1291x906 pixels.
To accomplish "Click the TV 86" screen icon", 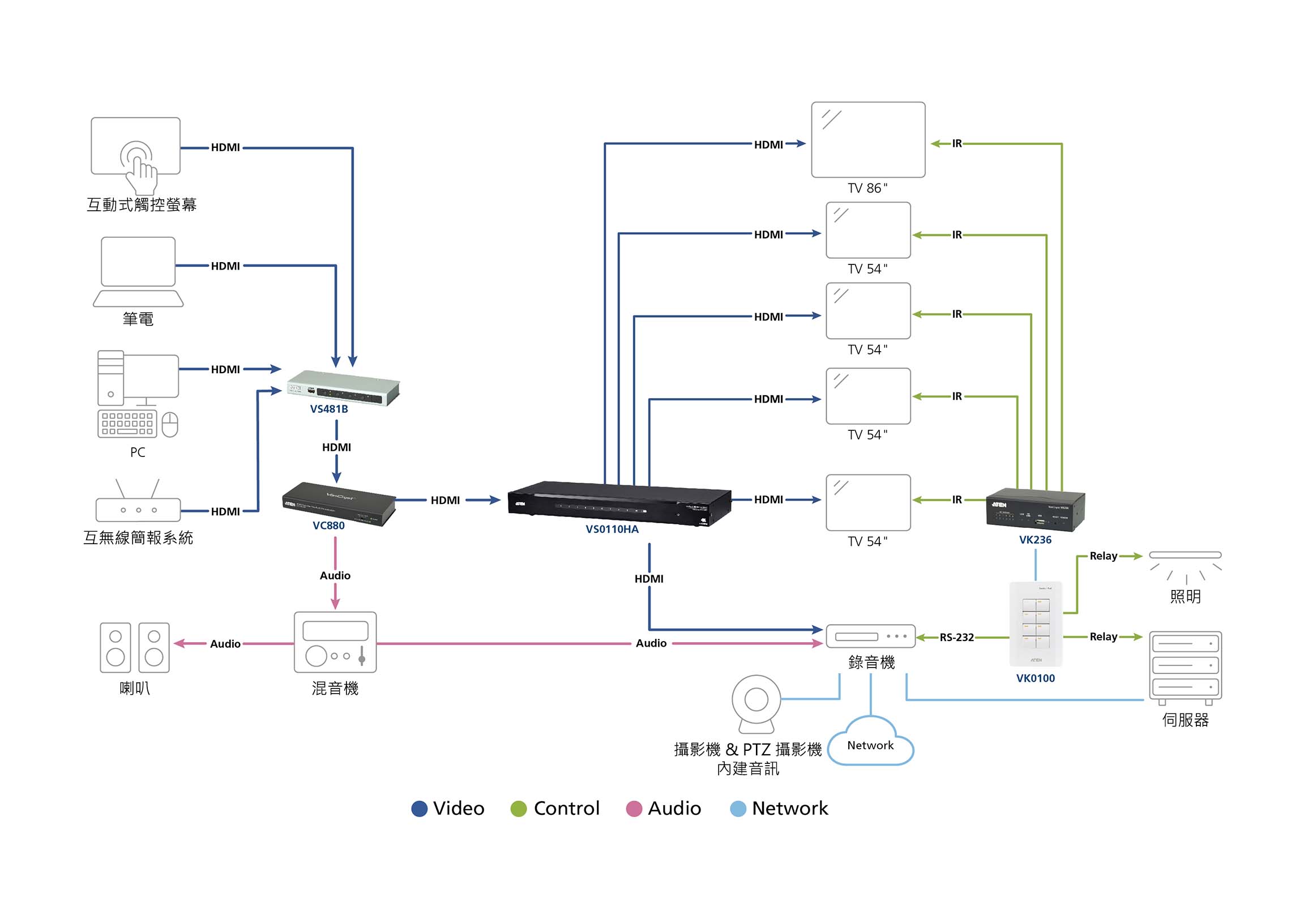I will [x=867, y=139].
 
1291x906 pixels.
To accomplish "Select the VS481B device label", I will [x=328, y=409].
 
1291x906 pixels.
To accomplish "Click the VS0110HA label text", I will [x=612, y=529].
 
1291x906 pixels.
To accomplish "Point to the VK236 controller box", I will [x=1034, y=509].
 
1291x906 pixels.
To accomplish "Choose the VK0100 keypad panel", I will [x=1036, y=623].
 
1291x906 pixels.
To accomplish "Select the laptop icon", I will [x=138, y=272].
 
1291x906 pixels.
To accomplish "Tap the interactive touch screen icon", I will [x=136, y=150].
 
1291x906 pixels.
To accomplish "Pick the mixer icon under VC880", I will [x=335, y=642].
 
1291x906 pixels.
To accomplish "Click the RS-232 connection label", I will [x=956, y=638].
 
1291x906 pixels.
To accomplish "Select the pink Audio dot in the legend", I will [x=634, y=809].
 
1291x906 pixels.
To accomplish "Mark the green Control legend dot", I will [x=518, y=809].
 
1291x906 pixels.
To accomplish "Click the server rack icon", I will [x=1185, y=667].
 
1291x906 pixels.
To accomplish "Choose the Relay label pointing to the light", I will [x=1103, y=556].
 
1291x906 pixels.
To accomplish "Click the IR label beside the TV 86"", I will [x=956, y=144].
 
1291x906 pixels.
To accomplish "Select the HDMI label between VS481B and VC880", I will [x=336, y=447].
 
